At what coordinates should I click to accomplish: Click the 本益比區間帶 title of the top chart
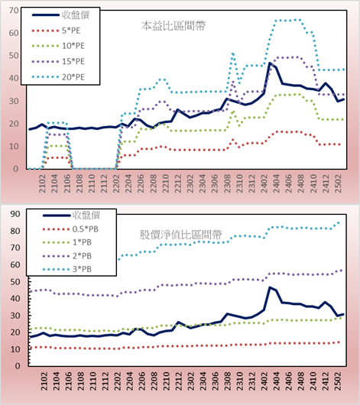174,26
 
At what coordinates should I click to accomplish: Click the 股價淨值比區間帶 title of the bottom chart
180,235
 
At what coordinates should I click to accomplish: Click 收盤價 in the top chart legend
76,15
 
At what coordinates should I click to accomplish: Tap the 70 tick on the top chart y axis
14,11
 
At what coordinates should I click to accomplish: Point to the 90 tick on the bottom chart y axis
15,214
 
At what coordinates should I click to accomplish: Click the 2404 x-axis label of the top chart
276,183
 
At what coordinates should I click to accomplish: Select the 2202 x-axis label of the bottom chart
118,381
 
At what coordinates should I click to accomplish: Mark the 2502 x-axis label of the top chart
338,183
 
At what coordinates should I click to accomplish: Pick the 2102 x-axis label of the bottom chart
44,381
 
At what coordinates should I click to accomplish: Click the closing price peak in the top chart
270,63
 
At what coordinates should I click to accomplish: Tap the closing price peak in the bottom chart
270,287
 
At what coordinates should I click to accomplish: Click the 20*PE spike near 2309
233,53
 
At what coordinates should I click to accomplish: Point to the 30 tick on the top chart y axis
14,101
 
